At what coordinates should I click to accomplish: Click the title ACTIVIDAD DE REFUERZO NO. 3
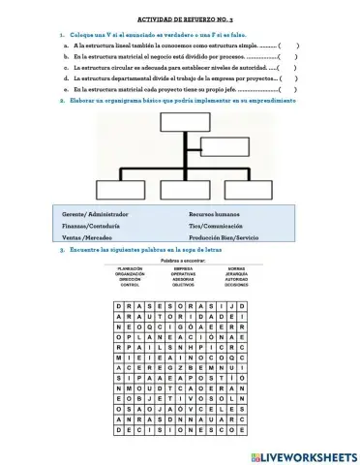[180, 18]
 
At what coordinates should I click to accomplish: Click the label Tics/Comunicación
[218, 224]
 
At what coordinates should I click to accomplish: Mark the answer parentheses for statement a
[287, 46]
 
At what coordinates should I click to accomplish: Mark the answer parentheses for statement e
[287, 88]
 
